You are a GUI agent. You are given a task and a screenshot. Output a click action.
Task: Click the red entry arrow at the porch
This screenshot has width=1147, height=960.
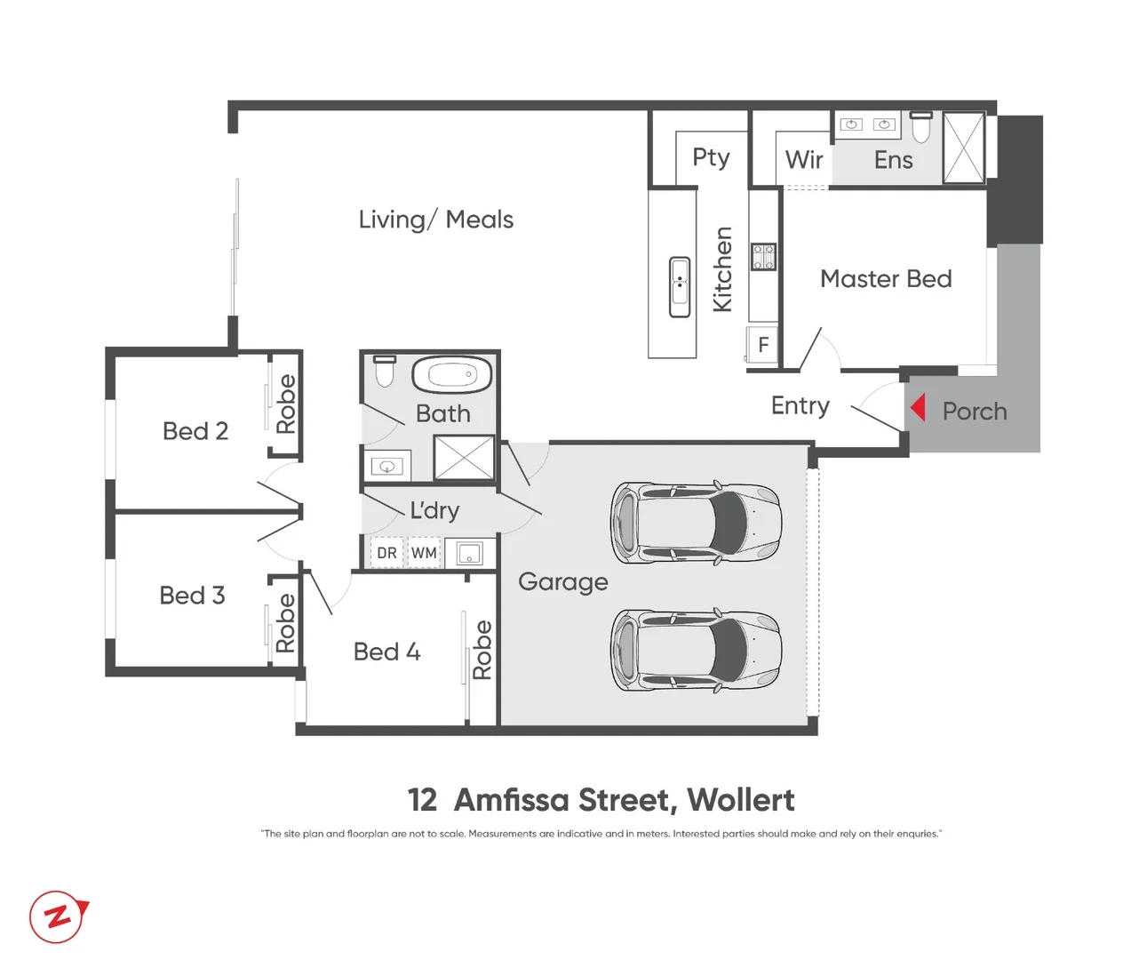pos(919,408)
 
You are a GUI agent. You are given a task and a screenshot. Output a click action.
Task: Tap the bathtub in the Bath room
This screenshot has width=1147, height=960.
pos(452,374)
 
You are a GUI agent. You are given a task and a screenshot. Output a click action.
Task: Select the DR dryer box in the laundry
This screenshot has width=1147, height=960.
pos(386,553)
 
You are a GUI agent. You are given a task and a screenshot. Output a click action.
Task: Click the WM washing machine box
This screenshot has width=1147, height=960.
pos(424,553)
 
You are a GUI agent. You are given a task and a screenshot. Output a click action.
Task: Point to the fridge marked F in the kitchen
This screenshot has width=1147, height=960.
pos(763,345)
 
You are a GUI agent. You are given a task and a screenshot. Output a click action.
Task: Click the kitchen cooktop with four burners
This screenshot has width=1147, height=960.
pos(763,257)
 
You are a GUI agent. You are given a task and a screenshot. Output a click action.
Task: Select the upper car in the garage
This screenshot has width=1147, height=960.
pos(696,523)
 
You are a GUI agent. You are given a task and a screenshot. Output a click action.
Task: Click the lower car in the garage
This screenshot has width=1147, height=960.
pos(696,651)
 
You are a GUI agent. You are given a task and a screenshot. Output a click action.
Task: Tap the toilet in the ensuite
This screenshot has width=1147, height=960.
pos(921,128)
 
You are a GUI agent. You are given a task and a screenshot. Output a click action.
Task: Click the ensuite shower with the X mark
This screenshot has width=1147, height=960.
pos(964,148)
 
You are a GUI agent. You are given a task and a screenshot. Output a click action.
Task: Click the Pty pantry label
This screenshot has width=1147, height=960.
pos(711,157)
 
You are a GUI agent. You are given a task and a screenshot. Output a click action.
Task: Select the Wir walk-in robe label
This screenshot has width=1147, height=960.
pos(804,160)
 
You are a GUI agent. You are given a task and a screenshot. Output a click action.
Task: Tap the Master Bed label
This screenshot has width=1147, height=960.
pos(886,279)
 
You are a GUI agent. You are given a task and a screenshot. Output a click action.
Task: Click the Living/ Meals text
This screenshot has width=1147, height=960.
pos(435,220)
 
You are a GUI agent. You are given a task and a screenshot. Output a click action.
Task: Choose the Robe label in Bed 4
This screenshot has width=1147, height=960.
pos(482,650)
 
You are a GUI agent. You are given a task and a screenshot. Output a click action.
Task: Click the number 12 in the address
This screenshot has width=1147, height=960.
pos(422,800)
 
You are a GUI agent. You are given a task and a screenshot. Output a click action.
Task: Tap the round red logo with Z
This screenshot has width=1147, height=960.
pos(59,916)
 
